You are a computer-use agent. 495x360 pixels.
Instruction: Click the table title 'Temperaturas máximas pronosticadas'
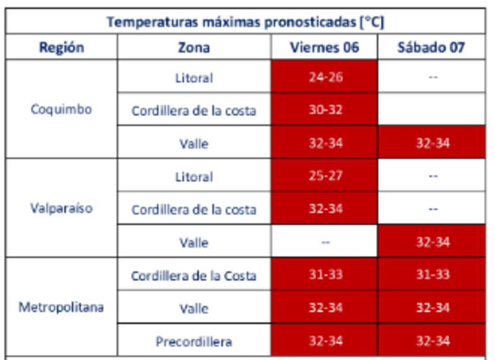[x=245, y=22]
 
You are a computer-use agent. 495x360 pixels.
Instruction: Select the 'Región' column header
[x=61, y=47]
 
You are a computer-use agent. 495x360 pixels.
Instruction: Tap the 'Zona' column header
[x=194, y=47]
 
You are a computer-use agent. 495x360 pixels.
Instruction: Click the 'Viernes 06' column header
[x=324, y=47]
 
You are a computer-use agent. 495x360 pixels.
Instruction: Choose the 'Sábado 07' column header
[x=431, y=47]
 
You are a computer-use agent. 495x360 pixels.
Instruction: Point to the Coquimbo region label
[x=61, y=109]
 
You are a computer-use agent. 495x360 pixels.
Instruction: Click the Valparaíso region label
[x=61, y=208]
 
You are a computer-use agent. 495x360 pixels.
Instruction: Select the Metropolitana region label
[x=61, y=307]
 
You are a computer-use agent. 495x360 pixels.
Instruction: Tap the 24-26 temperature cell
[x=325, y=77]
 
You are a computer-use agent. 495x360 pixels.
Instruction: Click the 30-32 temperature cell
[x=325, y=110]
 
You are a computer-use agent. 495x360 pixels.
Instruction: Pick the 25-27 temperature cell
[x=325, y=176]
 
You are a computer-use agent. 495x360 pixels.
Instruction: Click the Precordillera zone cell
[x=194, y=341]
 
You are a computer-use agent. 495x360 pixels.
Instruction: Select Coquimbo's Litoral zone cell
[x=194, y=77]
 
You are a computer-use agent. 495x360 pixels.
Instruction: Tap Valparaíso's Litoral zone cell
[x=194, y=176]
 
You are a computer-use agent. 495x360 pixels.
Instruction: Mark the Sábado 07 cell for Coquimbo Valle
[x=432, y=143]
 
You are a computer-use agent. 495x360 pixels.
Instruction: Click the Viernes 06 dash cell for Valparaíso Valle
[x=325, y=242]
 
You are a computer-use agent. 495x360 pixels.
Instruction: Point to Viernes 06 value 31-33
[x=325, y=275]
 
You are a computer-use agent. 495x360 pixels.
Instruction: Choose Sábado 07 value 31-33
[x=432, y=275]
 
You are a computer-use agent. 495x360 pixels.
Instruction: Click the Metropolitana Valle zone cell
[x=194, y=308]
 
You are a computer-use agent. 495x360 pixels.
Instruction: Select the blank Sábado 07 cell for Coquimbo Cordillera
[x=432, y=110]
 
